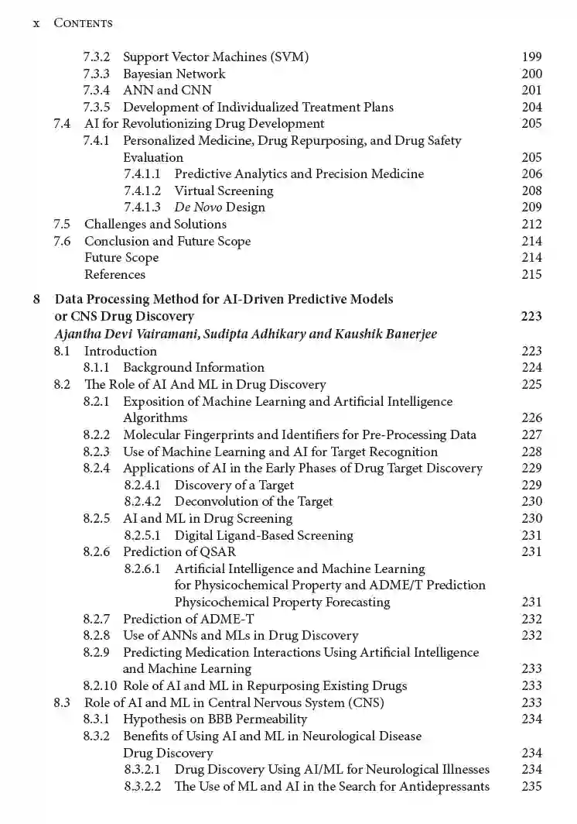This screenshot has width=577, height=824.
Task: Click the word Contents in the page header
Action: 83,23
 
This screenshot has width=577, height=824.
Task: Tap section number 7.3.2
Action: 96,57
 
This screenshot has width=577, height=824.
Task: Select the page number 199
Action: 531,57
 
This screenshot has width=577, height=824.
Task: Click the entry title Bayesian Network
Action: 174,74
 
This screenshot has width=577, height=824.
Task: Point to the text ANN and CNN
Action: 167,91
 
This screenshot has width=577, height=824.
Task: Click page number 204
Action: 531,108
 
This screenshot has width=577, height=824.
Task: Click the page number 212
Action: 531,225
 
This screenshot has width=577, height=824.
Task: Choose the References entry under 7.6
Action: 114,274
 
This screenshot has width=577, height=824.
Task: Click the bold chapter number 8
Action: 36,299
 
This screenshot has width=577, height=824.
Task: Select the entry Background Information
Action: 193,368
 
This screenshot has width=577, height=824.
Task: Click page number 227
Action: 531,435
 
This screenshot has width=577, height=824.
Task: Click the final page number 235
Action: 531,787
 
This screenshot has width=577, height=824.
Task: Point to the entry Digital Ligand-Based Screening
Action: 264,535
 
